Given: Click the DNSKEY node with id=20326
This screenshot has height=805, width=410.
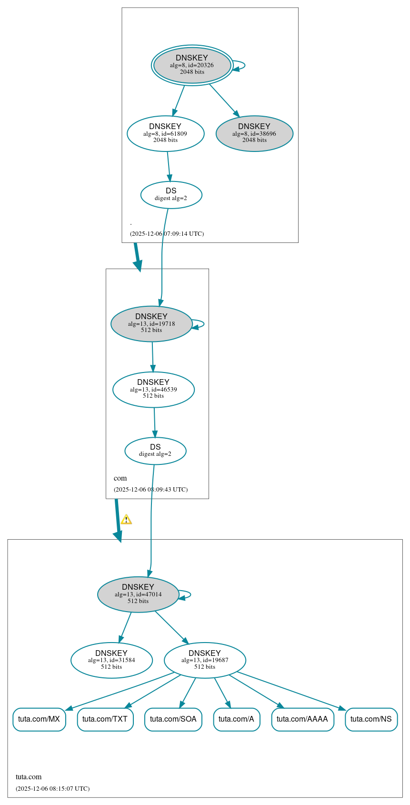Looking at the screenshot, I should (192, 65).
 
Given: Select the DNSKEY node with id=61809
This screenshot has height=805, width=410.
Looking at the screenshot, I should (165, 133).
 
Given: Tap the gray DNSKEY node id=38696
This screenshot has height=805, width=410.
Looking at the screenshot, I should (254, 133).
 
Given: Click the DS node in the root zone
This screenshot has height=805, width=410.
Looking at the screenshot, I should (171, 194).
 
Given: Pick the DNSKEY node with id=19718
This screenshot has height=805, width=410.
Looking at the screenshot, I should (151, 323).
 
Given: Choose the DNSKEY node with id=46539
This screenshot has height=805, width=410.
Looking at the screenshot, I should (153, 389).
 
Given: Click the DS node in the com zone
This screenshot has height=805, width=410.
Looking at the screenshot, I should (155, 451).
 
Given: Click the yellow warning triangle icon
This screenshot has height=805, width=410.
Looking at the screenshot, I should (126, 519).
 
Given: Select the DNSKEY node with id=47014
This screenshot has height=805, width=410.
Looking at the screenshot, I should (138, 594).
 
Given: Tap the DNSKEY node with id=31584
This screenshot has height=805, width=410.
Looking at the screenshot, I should (111, 660).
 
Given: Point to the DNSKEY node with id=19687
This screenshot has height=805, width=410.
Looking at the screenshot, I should (205, 660).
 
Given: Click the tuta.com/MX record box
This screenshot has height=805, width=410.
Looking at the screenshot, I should (39, 719).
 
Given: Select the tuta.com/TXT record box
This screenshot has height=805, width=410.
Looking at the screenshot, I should (105, 719).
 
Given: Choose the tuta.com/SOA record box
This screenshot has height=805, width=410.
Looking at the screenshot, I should (173, 719).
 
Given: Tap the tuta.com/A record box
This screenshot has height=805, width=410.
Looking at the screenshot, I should (237, 719).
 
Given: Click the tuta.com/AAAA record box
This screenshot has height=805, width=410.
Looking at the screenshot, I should (302, 719).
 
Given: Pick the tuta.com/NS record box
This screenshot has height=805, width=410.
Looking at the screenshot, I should (371, 719).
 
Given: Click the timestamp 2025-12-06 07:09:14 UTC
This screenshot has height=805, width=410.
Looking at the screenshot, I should (167, 233).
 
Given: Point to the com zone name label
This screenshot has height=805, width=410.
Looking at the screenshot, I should (120, 478).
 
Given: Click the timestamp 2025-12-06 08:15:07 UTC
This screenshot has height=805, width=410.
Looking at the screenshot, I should (52, 788).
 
